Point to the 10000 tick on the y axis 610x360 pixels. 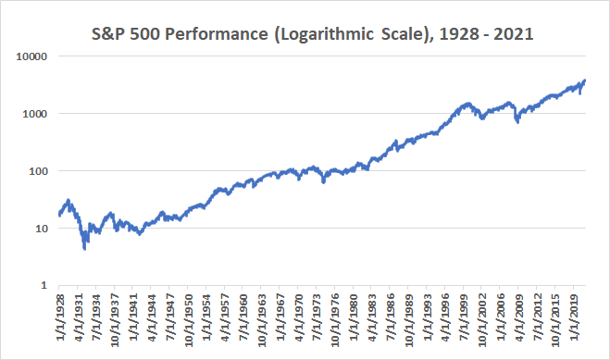[32, 56]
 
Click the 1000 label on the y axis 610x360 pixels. [35, 113]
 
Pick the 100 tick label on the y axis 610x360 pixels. [38, 170]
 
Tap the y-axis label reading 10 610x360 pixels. [41, 228]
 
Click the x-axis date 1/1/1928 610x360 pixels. [60, 319]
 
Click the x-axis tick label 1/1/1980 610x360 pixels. [353, 319]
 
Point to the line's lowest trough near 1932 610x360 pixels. [85, 248]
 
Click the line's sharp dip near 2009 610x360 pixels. [517, 121]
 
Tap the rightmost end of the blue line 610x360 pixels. [585, 81]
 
